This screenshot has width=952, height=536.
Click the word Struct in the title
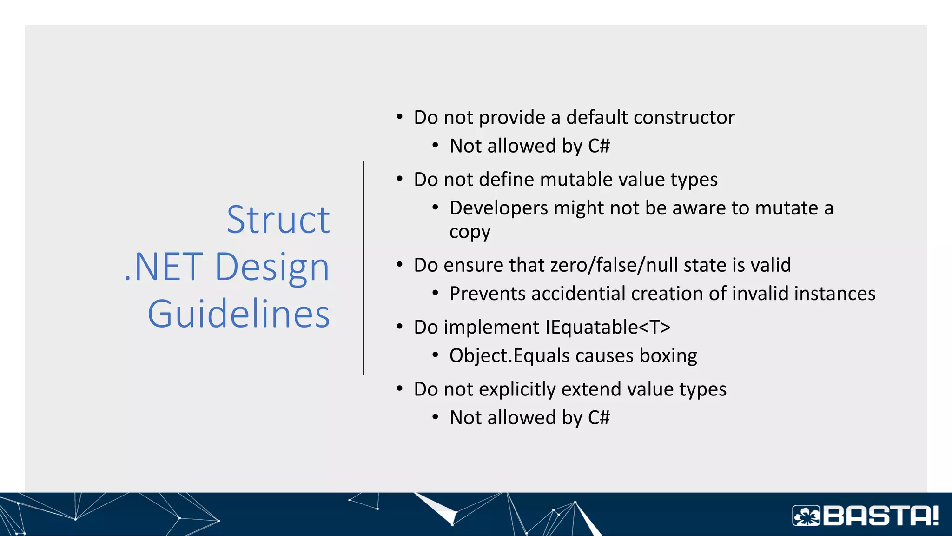pyautogui.click(x=278, y=220)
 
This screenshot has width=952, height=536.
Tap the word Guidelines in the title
pyautogui.click(x=238, y=314)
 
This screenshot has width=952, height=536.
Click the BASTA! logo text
pyautogui.click(x=881, y=516)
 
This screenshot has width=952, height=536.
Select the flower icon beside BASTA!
pyautogui.click(x=807, y=516)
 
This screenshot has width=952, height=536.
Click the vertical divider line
pyautogui.click(x=364, y=268)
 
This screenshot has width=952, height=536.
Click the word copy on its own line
pyautogui.click(x=469, y=232)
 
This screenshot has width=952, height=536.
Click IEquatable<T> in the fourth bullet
pyautogui.click(x=608, y=327)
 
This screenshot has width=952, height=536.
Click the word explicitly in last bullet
pyautogui.click(x=517, y=389)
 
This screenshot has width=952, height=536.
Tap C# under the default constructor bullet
pyautogui.click(x=599, y=146)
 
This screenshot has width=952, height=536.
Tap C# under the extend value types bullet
pyautogui.click(x=599, y=418)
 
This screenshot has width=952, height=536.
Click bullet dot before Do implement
pyautogui.click(x=399, y=327)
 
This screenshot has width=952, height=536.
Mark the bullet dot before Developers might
pyautogui.click(x=435, y=208)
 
